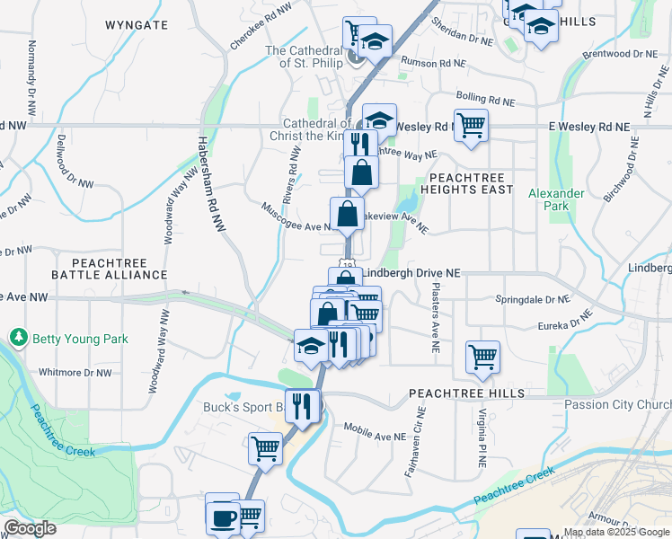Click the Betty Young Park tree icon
point(18,338)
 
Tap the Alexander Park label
point(556,199)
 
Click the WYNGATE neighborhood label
point(136,24)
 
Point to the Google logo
point(31,528)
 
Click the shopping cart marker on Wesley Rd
point(471,125)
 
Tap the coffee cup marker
point(221,517)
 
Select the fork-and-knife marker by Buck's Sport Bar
point(302,405)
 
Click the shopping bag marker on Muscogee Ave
point(347,214)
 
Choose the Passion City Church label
point(618,404)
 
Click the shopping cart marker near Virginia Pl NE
point(482,357)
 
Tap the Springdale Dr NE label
point(533,299)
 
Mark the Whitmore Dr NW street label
point(75,372)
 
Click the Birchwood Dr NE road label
point(620,168)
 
